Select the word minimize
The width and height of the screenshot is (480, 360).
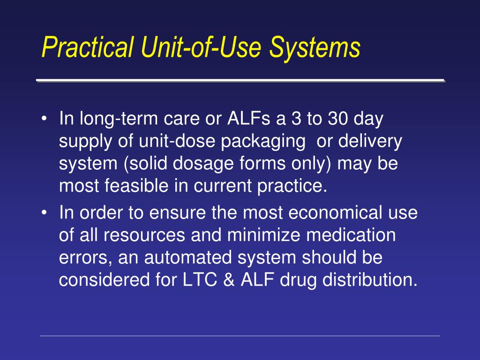pos(262,235)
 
